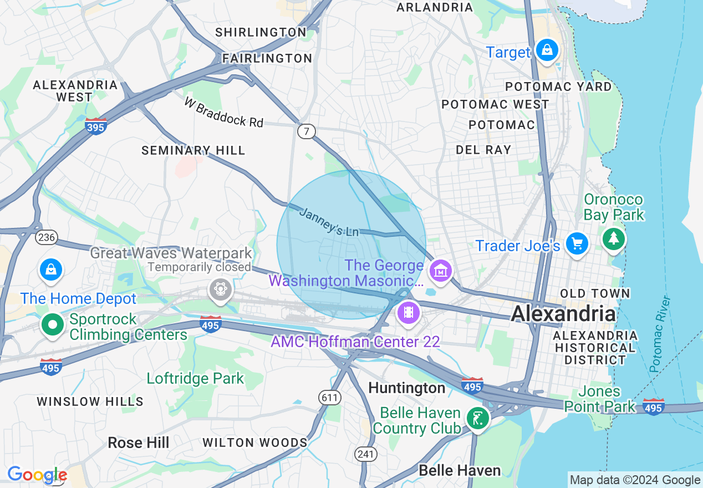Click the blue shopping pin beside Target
click(547, 50)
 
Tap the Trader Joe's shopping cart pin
click(577, 244)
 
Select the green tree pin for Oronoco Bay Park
click(613, 239)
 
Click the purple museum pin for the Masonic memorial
click(440, 271)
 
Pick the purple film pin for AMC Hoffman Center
click(408, 312)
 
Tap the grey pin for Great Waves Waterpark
click(220, 289)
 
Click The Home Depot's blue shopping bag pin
click(51, 270)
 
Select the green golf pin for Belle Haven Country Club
click(477, 418)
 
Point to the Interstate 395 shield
click(96, 126)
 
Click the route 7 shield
click(306, 131)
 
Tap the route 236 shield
click(46, 237)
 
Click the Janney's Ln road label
click(329, 222)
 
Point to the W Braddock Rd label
click(224, 113)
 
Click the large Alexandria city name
click(563, 314)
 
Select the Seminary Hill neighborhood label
click(193, 150)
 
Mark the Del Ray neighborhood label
click(483, 150)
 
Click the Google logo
click(37, 475)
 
